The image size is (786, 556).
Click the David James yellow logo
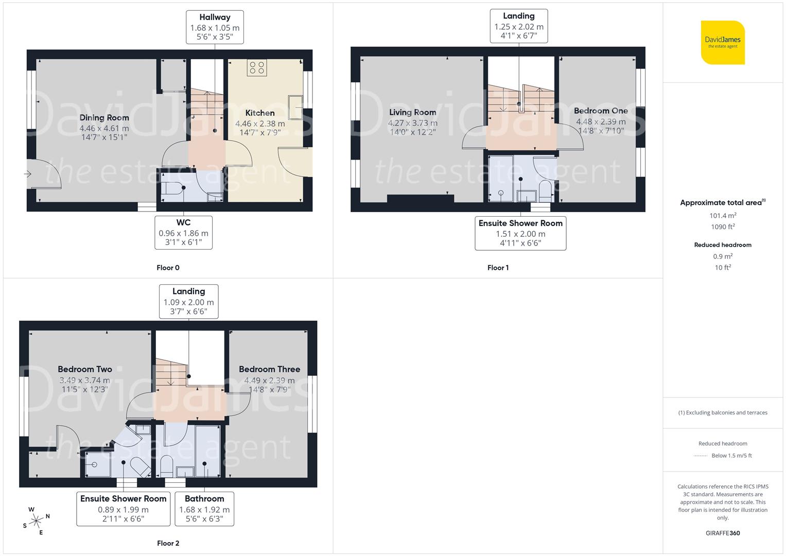pyautogui.click(x=723, y=42)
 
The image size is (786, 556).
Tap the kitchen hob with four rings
pyautogui.click(x=256, y=67)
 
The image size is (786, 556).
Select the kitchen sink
pyautogui.click(x=295, y=107)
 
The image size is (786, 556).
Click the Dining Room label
pyautogui.click(x=104, y=118)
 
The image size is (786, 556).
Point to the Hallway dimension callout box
pyautogui.click(x=215, y=27)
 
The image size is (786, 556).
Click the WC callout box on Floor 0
pyautogui.click(x=183, y=233)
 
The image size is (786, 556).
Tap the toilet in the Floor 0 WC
pyautogui.click(x=174, y=189)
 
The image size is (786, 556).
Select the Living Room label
pyautogui.click(x=412, y=112)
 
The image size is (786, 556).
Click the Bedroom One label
pyautogui.click(x=601, y=111)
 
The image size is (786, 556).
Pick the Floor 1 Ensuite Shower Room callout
pyautogui.click(x=520, y=233)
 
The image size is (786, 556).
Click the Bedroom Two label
pyautogui.click(x=85, y=369)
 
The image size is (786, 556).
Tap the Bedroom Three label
pyautogui.click(x=269, y=369)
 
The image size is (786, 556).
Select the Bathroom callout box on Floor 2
pyautogui.click(x=204, y=509)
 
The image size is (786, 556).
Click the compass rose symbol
pyautogui.click(x=36, y=522)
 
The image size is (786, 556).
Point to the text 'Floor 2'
pyautogui.click(x=168, y=543)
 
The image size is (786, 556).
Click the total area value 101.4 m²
pyautogui.click(x=723, y=216)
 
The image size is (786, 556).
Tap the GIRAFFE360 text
pyautogui.click(x=723, y=533)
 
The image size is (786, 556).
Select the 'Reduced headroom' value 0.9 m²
pyautogui.click(x=723, y=256)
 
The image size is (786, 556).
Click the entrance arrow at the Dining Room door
pyautogui.click(x=28, y=175)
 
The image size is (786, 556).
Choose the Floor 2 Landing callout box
pyautogui.click(x=188, y=302)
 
